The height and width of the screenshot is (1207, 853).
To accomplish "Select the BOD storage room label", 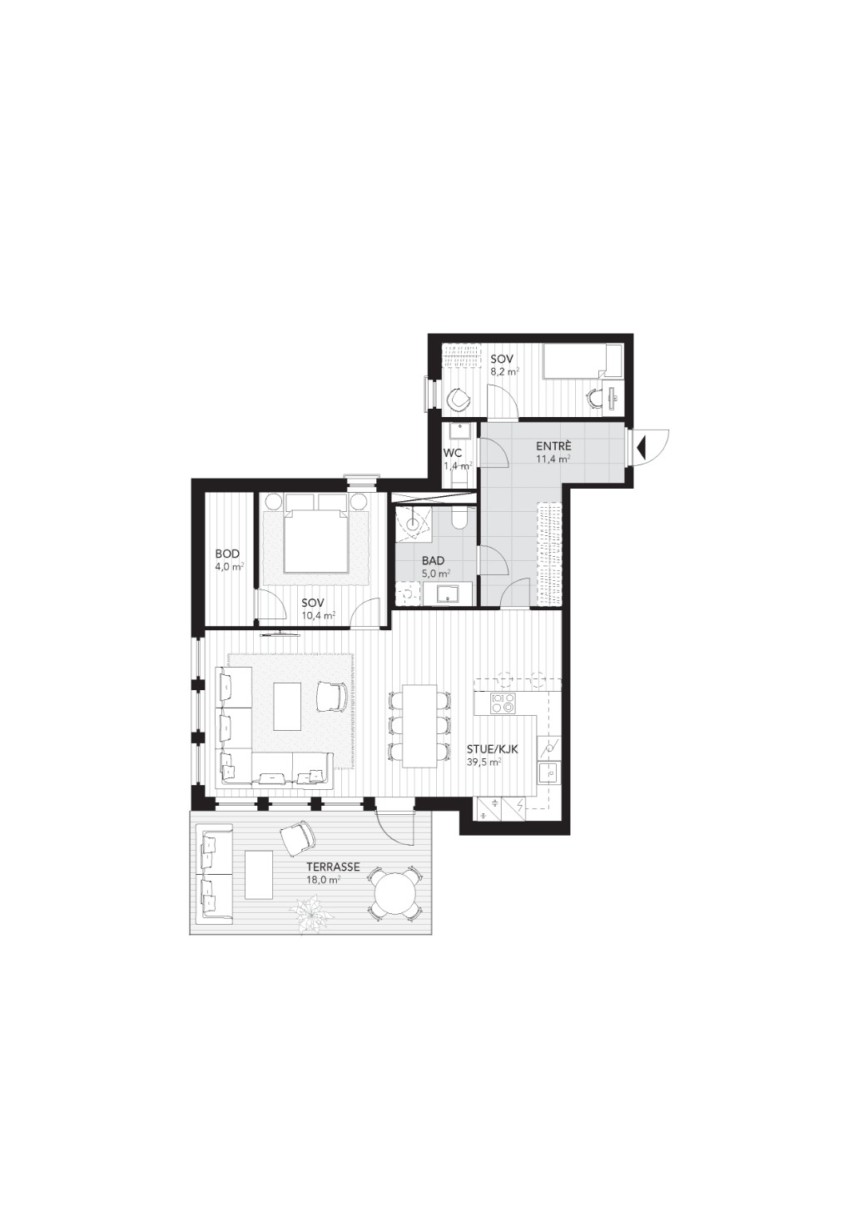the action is [227, 554].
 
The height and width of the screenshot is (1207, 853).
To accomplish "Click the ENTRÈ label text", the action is [554, 446].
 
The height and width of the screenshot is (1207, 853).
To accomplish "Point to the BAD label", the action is [434, 562].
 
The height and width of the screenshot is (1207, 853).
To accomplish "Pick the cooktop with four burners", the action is [503, 703].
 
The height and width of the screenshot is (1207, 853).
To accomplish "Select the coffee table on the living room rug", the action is [289, 706].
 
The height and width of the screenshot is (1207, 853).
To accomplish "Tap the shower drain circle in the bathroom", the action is [413, 522].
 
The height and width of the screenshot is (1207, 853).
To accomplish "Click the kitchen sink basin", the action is [549, 774].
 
